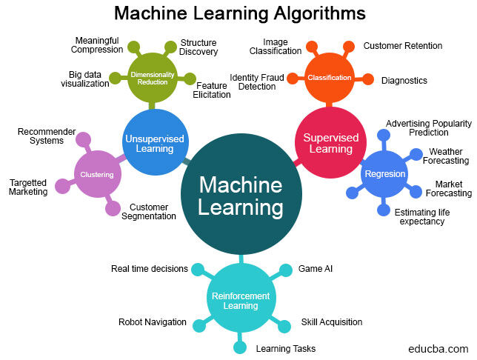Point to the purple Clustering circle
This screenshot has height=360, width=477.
click(97, 175)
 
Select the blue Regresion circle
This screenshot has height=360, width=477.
click(384, 174)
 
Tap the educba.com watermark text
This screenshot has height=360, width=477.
click(438, 348)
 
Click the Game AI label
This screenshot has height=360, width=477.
click(316, 268)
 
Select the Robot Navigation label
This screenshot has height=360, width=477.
click(152, 322)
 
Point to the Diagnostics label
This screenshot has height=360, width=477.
click(404, 80)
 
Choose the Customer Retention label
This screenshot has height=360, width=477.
click(402, 46)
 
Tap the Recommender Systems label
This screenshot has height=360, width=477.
click(47, 136)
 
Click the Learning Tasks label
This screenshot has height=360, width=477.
click(285, 348)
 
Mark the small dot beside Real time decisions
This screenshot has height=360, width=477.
click(197, 269)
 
